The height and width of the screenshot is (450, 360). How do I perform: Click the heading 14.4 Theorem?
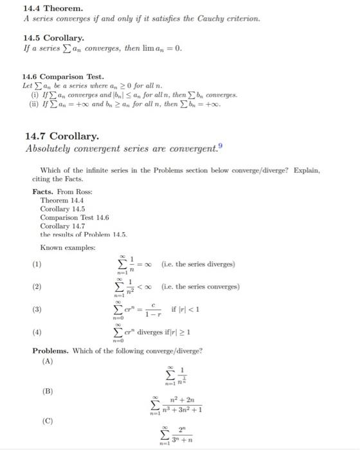click(53, 8)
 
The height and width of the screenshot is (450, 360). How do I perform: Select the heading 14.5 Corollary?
click(54, 39)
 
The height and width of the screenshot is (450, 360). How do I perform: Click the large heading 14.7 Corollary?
click(62, 136)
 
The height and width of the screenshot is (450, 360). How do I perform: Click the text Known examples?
click(68, 248)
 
